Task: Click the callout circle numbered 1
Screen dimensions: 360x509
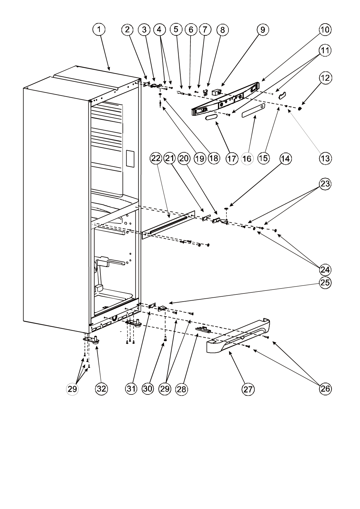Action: [x=99, y=29]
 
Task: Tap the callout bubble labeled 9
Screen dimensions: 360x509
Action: [x=262, y=29]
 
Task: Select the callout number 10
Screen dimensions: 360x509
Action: [x=325, y=29]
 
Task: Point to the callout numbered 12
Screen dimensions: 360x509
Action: [x=325, y=78]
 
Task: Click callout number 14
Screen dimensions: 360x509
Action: [x=285, y=159]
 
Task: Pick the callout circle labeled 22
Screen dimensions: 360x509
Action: [x=156, y=158]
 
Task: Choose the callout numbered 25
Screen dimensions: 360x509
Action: [x=325, y=282]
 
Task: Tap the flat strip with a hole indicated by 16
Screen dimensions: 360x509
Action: [x=253, y=111]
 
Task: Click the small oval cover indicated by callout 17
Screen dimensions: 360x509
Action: [x=211, y=117]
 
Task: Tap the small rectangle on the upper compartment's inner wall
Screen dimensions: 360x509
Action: [x=130, y=159]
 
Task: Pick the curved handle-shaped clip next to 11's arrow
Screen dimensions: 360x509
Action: [x=282, y=96]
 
